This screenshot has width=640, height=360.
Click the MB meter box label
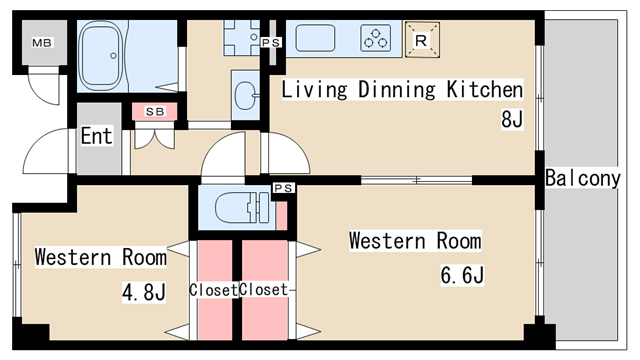pyautogui.click(x=42, y=42)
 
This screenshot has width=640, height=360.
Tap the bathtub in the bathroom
pyautogui.click(x=101, y=55)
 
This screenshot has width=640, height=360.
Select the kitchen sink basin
pyautogui.click(x=315, y=38)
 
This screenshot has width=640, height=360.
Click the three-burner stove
pyautogui.click(x=376, y=38)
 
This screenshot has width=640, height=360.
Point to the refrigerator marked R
pyautogui.click(x=422, y=40)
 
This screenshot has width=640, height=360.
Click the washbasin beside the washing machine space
pyautogui.click(x=245, y=95)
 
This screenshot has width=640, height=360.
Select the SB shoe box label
pyautogui.click(x=155, y=111)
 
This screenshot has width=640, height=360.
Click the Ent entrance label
pyautogui.click(x=96, y=136)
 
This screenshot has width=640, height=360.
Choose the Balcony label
pyautogui.click(x=583, y=178)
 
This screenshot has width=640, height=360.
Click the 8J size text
pyautogui.click(x=512, y=119)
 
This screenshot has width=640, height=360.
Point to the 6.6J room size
pyautogui.click(x=462, y=275)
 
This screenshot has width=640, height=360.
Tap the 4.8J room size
pyautogui.click(x=144, y=292)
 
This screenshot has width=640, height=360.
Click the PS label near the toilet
pyautogui.click(x=284, y=188)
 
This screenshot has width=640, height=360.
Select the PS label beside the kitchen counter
pyautogui.click(x=271, y=42)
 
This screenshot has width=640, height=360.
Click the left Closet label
pyautogui.click(x=213, y=290)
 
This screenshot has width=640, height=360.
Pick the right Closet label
pyautogui.click(x=264, y=289)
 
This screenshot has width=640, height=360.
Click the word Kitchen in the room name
pyautogui.click(x=484, y=89)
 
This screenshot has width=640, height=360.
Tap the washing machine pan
pyautogui.click(x=241, y=38)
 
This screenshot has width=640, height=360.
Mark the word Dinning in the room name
pyautogui.click(x=397, y=90)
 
